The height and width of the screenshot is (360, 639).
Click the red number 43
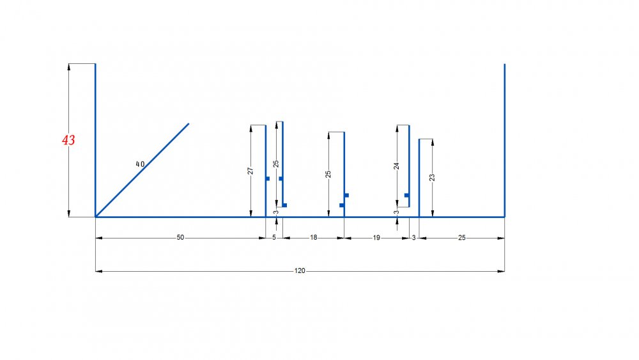click(68, 140)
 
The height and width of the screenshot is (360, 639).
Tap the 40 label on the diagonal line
click(140, 164)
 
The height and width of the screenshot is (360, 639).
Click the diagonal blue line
click(142, 170)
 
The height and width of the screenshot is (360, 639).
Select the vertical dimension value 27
click(250, 171)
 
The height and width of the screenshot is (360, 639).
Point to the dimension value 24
click(397, 166)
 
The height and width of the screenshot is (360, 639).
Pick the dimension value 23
click(432, 177)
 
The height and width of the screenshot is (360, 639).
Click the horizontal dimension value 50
click(180, 237)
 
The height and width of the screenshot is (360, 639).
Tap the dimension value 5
click(274, 237)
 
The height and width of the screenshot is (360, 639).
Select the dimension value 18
click(313, 237)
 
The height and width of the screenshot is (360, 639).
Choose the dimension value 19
click(376, 237)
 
